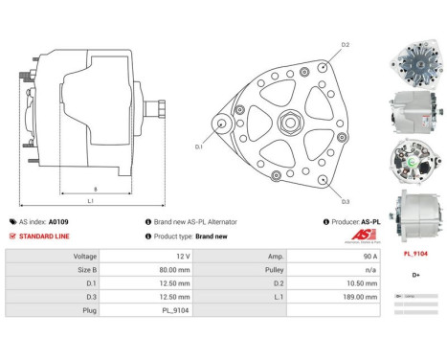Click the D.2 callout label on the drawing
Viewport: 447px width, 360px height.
(345, 45)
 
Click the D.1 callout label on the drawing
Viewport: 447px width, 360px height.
(199, 146)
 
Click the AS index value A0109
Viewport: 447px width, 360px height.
(59, 221)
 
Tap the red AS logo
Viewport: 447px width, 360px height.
(335, 236)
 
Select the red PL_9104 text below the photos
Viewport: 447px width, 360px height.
(414, 255)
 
